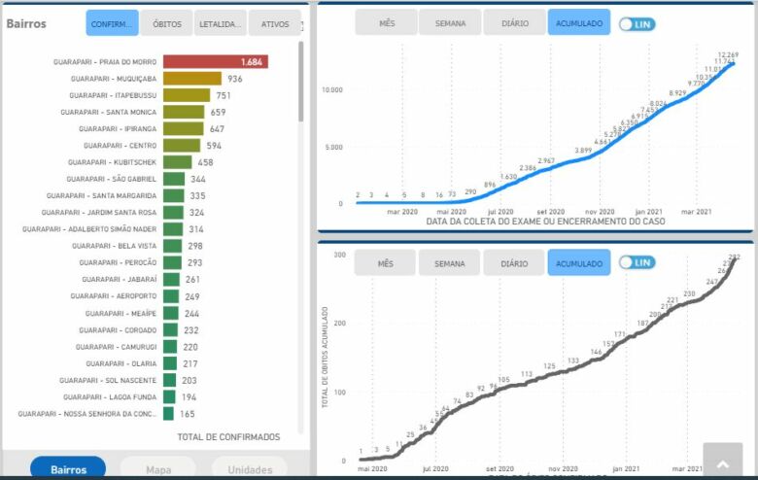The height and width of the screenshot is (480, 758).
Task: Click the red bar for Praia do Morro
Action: coord(215,62)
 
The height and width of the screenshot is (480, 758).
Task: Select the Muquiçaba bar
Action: coord(192,79)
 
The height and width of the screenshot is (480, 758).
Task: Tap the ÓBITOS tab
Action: coord(166,23)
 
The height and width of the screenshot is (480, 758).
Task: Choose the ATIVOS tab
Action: coord(275,23)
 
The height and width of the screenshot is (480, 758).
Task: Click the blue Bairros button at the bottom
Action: coord(68,469)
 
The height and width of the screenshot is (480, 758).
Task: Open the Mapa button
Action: coord(158,469)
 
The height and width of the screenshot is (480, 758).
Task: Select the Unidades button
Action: coord(250,469)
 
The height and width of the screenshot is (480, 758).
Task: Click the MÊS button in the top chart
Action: coord(386,22)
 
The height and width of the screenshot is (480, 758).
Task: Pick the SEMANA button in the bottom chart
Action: coord(449,263)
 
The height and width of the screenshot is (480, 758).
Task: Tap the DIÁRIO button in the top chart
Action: coord(514,22)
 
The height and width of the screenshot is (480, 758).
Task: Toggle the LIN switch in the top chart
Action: coord(637,23)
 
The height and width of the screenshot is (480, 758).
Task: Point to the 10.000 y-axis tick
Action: coord(332,90)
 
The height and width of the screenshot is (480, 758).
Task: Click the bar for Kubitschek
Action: coord(178,162)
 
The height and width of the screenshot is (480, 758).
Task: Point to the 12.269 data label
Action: coord(728,54)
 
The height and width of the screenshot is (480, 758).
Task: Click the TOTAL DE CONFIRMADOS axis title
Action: coord(228,437)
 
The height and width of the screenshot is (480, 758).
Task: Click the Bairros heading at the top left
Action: coord(26,23)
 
